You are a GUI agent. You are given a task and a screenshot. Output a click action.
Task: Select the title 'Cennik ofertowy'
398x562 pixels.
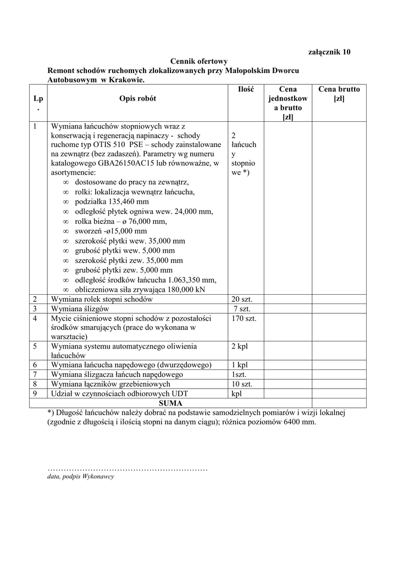(x=198, y=61)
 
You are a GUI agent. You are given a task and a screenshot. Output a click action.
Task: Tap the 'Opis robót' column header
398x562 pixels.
(x=137, y=98)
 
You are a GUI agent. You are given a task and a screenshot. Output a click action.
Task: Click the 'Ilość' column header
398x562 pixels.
(x=246, y=89)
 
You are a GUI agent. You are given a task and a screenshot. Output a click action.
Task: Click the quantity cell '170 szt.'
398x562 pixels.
(x=244, y=318)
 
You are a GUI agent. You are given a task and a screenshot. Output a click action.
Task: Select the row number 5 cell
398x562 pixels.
(x=35, y=346)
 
